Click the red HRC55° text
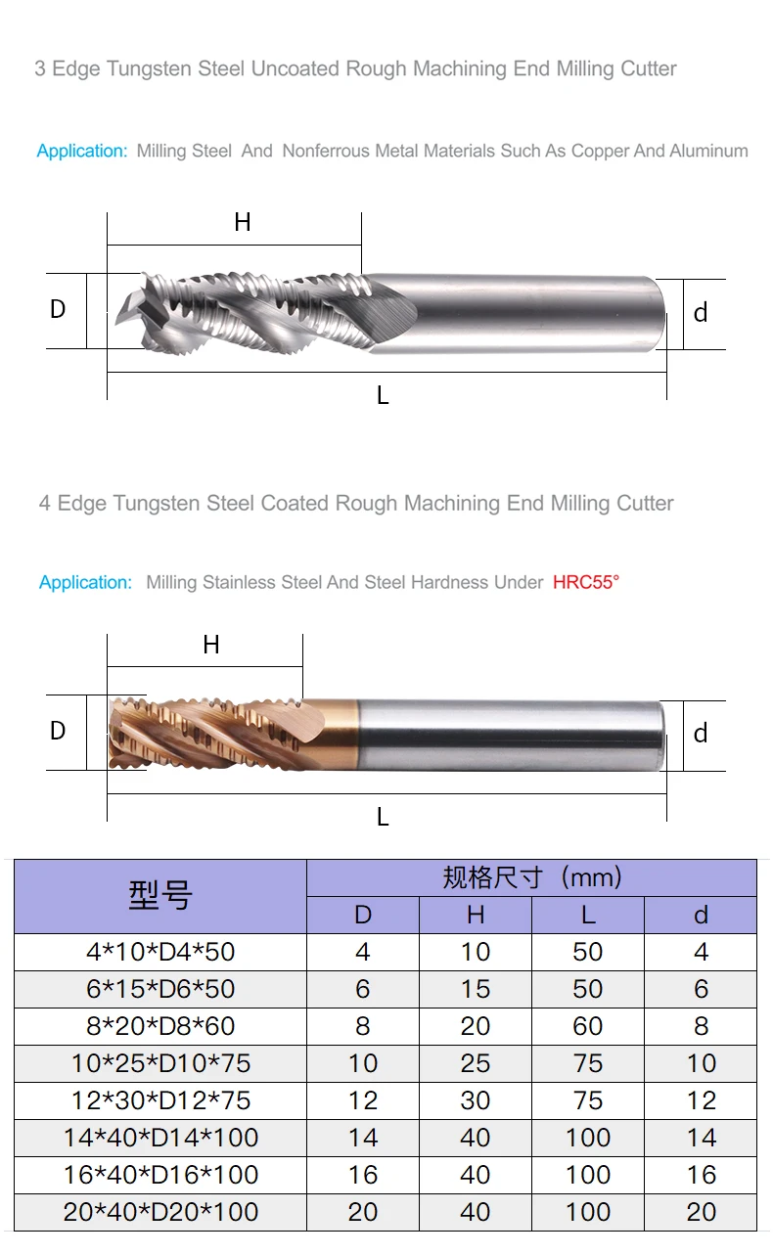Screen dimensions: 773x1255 coord(586,582)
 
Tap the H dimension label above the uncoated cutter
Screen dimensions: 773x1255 coord(243,223)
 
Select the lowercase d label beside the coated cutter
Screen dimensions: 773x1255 coord(701,734)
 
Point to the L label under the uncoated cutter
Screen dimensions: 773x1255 coord(383,395)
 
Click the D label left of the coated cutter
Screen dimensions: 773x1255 coord(58,731)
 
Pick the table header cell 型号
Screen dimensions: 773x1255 coord(160,895)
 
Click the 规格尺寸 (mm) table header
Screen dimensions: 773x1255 coord(531,877)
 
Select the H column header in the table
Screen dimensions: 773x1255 coord(476,915)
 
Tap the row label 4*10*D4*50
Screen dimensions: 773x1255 coord(160,952)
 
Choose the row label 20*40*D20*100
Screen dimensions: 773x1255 coord(160,1212)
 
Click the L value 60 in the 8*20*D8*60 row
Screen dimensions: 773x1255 coord(588,1026)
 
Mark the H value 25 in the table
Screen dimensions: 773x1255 coord(476,1063)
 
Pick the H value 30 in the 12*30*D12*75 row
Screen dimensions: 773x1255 coord(476,1100)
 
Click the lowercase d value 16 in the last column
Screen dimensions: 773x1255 coord(701,1175)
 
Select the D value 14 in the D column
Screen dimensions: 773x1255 coord(363,1138)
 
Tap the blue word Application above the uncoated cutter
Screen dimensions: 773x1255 coord(82,152)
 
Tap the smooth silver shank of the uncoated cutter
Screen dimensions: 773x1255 coord(528,311)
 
